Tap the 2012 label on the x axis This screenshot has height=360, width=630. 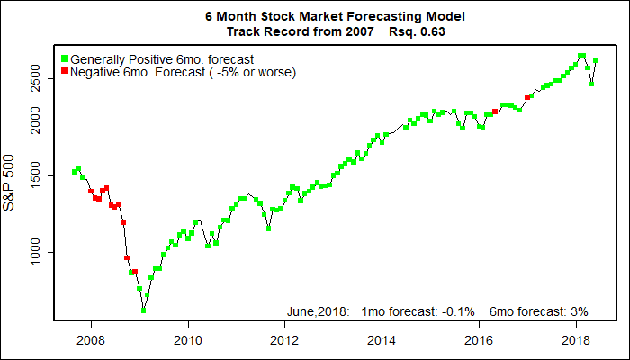[x=284, y=340]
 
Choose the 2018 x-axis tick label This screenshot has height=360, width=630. [x=576, y=340]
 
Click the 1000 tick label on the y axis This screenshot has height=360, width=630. [x=35, y=253]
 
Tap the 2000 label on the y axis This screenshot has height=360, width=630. [x=35, y=120]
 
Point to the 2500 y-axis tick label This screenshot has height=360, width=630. [x=35, y=78]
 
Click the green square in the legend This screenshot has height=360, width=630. [x=64, y=58]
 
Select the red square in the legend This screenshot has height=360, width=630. [x=64, y=71]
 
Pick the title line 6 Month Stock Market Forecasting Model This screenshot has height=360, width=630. [x=314, y=17]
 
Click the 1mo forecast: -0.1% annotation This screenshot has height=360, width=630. [x=418, y=311]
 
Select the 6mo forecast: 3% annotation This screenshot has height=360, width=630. [x=538, y=311]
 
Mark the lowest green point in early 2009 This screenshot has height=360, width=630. [x=143, y=310]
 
